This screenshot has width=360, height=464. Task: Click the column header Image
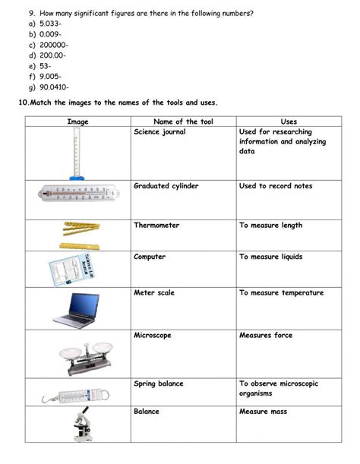coord(78,122)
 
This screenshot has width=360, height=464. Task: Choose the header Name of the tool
coord(184,122)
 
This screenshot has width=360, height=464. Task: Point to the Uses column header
coord(289,122)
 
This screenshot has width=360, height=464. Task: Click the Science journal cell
coord(159,132)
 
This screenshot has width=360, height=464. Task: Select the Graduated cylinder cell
coord(165,186)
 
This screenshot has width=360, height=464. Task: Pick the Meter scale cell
coord(154,292)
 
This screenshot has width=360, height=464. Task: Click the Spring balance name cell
coord(158,384)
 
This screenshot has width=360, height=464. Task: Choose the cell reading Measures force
coord(265,335)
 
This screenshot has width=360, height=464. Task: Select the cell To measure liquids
coord(270,257)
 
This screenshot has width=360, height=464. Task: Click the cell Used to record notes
coord(276,186)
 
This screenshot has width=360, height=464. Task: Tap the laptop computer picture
coord(76,309)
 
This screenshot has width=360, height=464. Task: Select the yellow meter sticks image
coord(79,235)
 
